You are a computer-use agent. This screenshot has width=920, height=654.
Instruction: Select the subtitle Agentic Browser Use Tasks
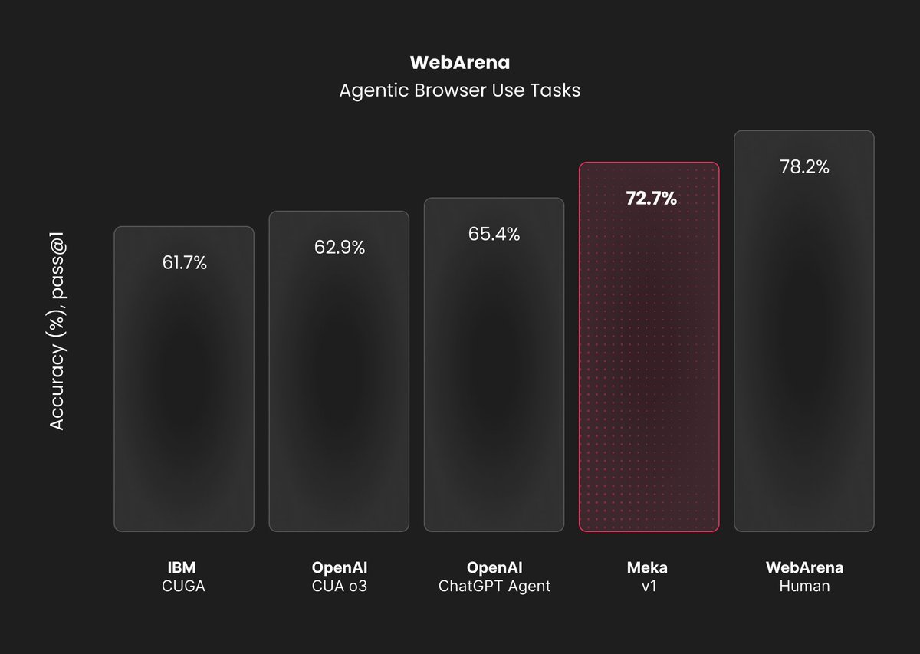pos(459,90)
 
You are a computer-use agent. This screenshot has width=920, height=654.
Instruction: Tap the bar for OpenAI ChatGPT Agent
pos(494,383)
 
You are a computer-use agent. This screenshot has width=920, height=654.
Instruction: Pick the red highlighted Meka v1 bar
pos(649,368)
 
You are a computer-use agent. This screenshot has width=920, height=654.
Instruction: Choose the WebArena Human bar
pos(803,353)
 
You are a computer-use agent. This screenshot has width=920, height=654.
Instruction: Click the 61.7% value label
pos(184,263)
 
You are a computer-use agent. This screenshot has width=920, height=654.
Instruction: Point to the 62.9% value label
pos(339,248)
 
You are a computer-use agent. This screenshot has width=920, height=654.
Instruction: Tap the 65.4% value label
pos(494,235)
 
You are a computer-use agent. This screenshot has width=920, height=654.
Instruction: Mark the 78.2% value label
pos(804,167)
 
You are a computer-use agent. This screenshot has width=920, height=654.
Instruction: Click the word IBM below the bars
pos(182,568)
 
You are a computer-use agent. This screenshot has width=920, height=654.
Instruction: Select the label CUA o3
pos(340,587)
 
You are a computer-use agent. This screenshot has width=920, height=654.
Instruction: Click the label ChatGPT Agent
pos(495,587)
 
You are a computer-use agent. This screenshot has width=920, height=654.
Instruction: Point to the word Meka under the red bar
pos(648,568)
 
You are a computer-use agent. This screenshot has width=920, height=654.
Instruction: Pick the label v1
pos(648,587)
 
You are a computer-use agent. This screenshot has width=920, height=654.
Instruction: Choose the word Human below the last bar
pos(804,587)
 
